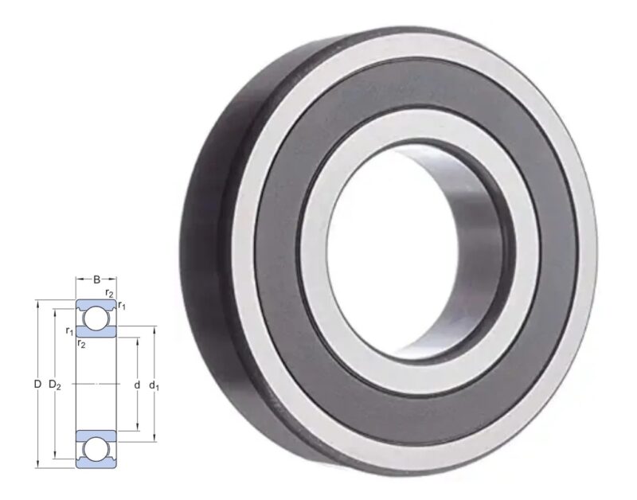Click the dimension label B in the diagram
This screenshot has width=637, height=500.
coord(96,279)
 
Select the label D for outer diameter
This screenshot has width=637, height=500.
coord(37,385)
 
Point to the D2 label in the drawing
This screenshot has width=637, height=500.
coord(55,385)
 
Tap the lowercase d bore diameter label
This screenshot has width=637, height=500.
coord(138,385)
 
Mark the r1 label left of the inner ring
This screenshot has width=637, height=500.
coord(70,330)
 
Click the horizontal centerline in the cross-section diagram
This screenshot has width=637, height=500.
coord(96,385)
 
